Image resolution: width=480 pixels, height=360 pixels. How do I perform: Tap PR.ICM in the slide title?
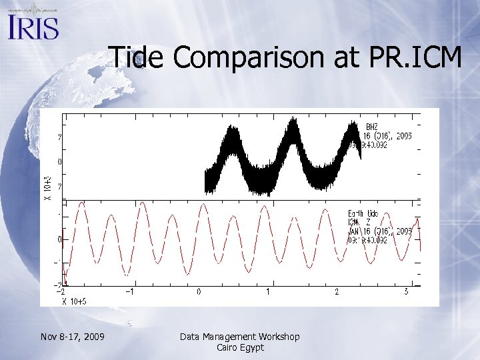pyautogui.click(x=414, y=57)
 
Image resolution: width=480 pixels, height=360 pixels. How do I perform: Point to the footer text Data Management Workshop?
pyautogui.click(x=240, y=337)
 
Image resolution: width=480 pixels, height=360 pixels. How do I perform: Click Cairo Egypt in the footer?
pyautogui.click(x=240, y=347)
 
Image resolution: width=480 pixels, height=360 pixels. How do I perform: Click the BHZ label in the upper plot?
pyautogui.click(x=371, y=127)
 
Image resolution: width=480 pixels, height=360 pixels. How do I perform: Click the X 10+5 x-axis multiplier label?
pyautogui.click(x=73, y=301)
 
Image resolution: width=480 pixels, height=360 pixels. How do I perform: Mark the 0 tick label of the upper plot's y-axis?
pyautogui.click(x=60, y=161)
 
